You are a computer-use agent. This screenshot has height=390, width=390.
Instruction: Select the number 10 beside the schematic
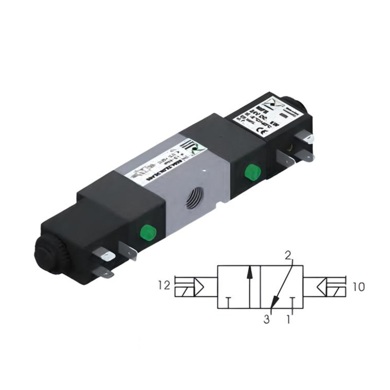pos(358,287)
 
